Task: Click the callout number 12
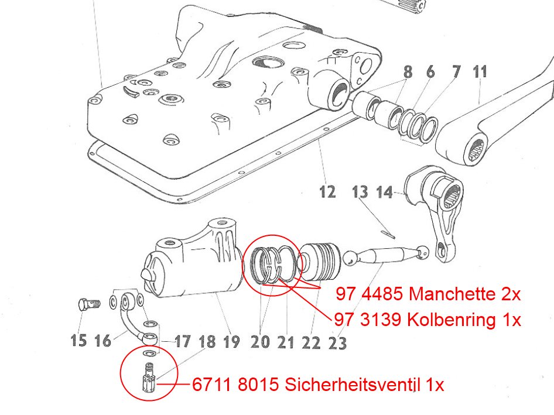click(327, 192)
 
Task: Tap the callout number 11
click(480, 71)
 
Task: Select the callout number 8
click(408, 72)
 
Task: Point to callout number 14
click(384, 193)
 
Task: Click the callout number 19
click(232, 341)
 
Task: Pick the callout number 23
click(337, 343)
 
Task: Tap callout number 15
click(78, 340)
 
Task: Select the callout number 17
click(183, 341)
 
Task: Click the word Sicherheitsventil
click(353, 385)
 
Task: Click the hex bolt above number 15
click(89, 304)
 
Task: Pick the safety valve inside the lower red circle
click(149, 378)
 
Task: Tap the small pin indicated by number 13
click(389, 234)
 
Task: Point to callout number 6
click(430, 71)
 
